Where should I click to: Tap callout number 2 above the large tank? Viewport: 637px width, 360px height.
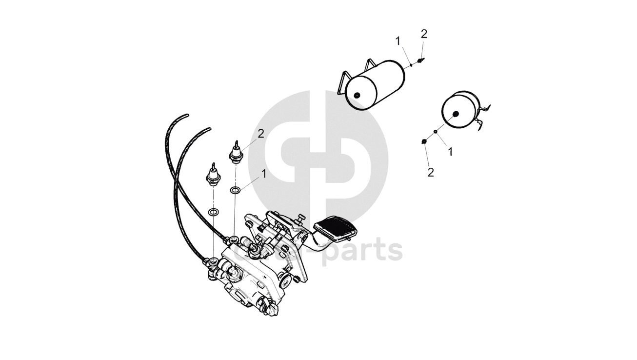click(x=424, y=34)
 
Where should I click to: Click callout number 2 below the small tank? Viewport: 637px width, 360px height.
click(x=430, y=172)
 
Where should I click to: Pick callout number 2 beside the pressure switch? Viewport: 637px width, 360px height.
click(x=261, y=133)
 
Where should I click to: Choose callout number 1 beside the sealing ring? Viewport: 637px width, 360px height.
click(x=264, y=173)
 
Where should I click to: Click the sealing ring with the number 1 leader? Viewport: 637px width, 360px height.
click(x=235, y=190)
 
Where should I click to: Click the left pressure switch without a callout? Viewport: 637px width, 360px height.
click(x=214, y=175)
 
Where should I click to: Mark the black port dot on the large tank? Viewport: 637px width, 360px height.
click(x=357, y=96)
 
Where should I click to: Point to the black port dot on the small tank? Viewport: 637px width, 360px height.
click(x=456, y=114)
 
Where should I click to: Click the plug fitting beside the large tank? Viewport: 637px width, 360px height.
click(x=421, y=60)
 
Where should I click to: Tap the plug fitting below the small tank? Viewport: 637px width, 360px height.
click(x=424, y=141)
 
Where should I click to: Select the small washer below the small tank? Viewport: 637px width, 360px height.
click(x=435, y=131)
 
